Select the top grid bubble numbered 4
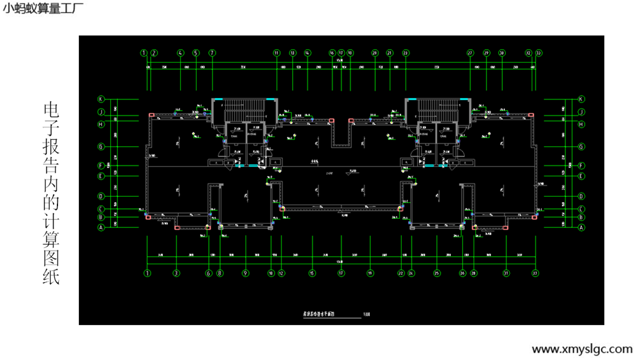pos(180,53)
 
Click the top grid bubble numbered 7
pos(212,53)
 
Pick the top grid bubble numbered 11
pos(276,53)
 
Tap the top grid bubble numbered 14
pos(307,53)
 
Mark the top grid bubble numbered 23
pos(406,53)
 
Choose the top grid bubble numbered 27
pos(470,53)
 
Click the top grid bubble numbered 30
pos(501,53)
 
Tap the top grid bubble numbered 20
pos(375,53)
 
